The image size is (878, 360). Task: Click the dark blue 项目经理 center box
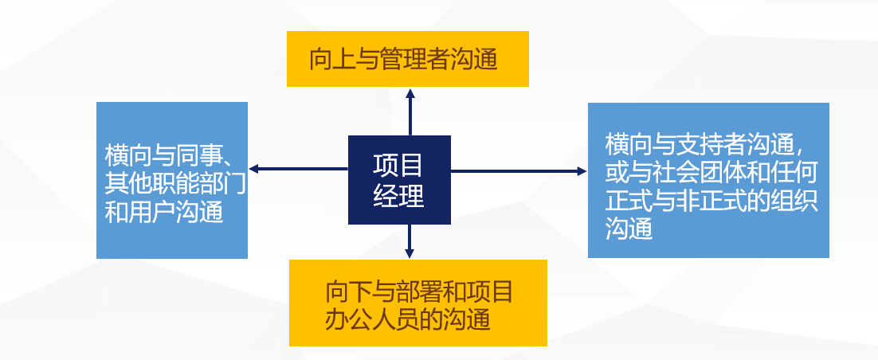pos(399,179)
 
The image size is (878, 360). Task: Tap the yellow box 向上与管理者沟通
pos(408,59)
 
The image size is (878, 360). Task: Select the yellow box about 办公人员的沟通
pos(417,303)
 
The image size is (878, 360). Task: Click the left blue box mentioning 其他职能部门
pos(172,180)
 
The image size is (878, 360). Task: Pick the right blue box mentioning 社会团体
pos(708,180)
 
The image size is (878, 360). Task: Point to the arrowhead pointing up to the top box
pos(410,92)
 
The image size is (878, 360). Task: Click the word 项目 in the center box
pos(398,165)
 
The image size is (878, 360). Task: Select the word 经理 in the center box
pos(398,196)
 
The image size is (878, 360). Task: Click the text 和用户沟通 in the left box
pos(163,211)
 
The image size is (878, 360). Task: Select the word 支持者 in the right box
pos(703,145)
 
